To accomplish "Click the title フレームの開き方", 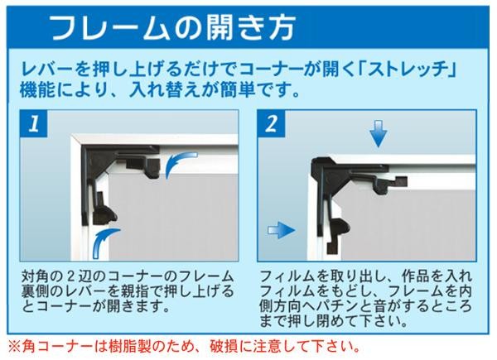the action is tap(173, 27).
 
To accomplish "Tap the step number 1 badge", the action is tap(34, 124).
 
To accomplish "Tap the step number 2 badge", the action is tap(271, 124).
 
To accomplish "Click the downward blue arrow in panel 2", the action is tap(378, 134).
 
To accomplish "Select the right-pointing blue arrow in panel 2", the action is tap(282, 229).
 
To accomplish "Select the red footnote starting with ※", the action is tap(185, 347).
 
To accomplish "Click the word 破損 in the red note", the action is tap(224, 347).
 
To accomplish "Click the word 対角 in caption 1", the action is tap(36, 276).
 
